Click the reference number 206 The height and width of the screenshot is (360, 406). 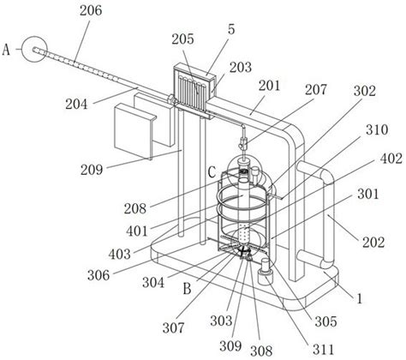91,11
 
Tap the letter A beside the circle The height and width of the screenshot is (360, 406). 6,50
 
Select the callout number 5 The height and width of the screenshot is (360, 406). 231,29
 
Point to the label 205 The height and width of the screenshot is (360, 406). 182,39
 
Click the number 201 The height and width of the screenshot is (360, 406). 270,86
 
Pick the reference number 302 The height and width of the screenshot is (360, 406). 365,91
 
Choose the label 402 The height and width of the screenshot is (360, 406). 391,159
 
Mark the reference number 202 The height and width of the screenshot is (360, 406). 373,243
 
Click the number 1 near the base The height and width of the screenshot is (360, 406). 360,299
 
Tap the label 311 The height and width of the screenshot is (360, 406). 324,349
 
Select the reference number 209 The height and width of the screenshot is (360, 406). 92,170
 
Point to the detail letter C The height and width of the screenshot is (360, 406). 212,173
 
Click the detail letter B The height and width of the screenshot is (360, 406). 187,289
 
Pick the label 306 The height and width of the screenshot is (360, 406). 99,275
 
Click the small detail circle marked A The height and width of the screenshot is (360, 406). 35,49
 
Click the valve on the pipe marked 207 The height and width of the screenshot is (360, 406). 243,143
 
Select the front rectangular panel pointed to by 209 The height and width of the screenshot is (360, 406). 134,130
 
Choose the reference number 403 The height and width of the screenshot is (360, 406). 120,254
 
